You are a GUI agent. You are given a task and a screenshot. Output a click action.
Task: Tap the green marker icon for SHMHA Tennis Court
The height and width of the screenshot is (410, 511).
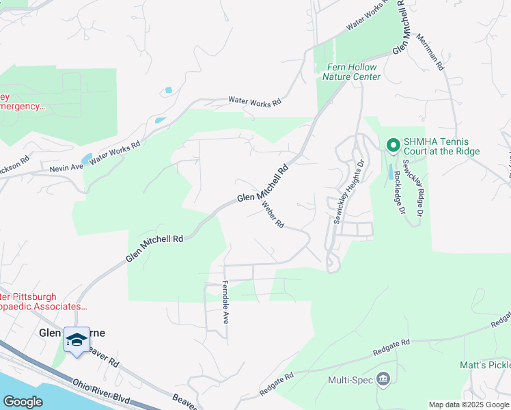coord(393,145)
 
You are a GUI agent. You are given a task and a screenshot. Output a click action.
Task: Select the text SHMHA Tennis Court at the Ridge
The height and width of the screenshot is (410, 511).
coord(442,146)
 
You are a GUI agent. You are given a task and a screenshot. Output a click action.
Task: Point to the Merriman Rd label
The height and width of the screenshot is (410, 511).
coord(430,53)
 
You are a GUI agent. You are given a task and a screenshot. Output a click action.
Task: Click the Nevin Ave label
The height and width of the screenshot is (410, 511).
coord(66,166)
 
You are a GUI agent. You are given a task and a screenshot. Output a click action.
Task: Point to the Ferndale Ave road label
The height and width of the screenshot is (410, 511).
coord(225,303)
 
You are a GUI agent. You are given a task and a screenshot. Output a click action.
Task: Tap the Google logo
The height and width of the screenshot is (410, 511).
coord(23,402)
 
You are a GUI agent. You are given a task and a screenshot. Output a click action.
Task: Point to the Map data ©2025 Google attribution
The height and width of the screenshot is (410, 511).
coord(469,405)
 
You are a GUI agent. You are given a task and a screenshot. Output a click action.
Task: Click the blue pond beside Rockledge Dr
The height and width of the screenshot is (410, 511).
coord(390,170)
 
